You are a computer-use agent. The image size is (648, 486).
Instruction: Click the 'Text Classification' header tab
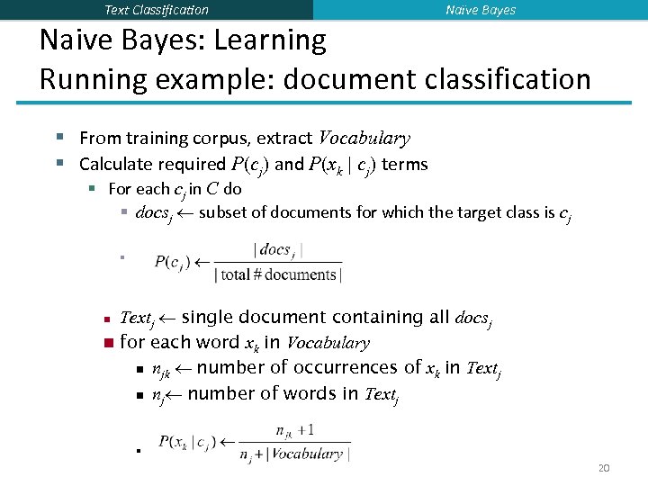pos(157,10)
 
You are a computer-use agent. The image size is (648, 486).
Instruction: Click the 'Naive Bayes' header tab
pos(481,10)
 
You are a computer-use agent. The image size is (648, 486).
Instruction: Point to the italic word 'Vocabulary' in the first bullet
pos(364,139)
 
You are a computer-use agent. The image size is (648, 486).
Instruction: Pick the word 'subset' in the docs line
pos(223,213)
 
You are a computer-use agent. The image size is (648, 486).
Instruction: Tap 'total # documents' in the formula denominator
pos(278,274)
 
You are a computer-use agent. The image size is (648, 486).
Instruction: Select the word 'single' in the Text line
pos(218,318)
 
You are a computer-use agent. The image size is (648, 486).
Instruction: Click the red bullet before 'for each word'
pos(107,343)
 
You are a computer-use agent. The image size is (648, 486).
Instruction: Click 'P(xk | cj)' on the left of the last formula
pos(185,442)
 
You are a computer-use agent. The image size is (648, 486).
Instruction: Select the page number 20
pos(604,469)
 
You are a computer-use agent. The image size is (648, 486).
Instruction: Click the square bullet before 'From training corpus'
pos(60,138)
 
